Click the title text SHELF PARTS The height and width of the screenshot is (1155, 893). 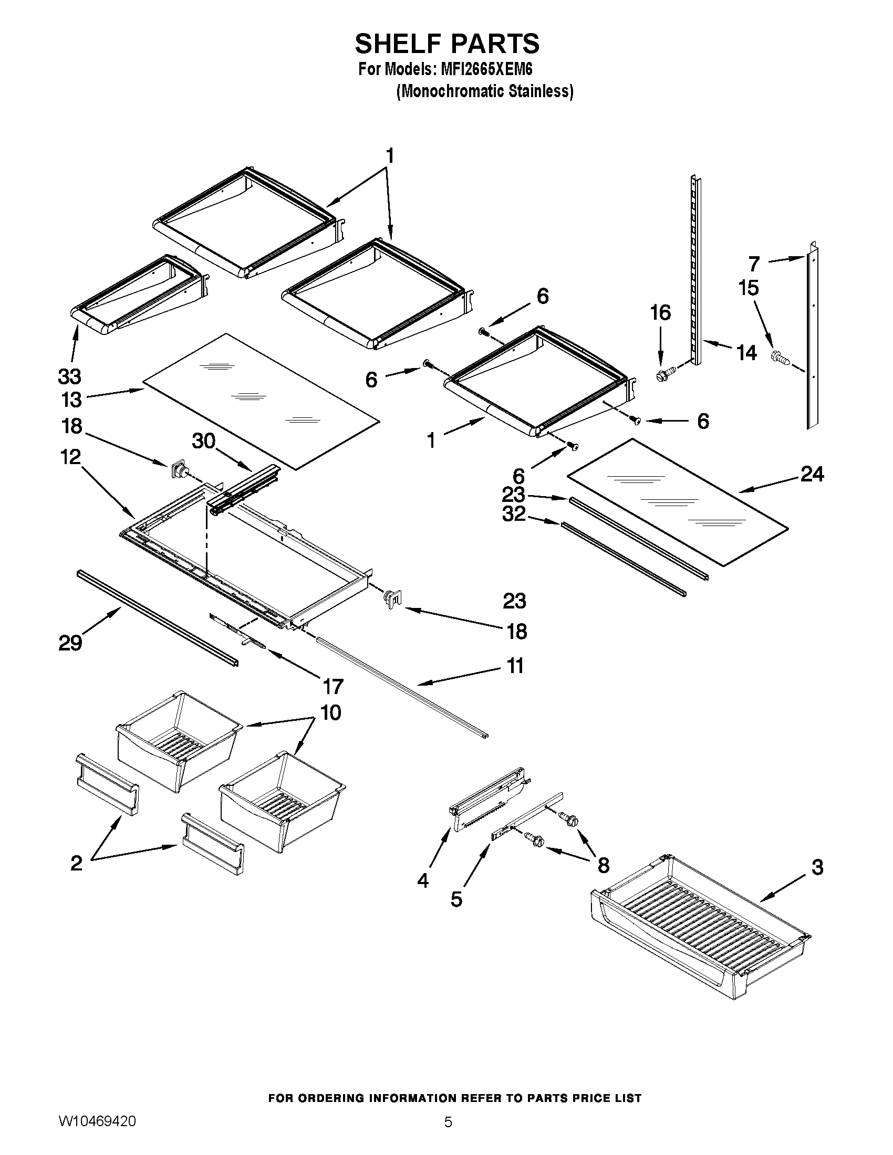(446, 44)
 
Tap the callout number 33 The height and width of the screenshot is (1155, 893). (69, 376)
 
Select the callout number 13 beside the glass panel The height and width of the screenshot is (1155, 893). (71, 400)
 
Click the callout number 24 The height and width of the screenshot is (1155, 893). (812, 475)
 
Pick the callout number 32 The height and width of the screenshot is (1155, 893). (514, 513)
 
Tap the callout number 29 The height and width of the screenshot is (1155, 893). (70, 643)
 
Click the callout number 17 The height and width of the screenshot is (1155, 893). (333, 687)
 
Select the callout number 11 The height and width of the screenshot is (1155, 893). (515, 666)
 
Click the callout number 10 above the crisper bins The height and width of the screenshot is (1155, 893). (330, 713)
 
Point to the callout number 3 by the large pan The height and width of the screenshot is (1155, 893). (817, 867)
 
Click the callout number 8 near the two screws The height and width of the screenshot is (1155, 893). (603, 865)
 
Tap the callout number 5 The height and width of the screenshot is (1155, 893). (456, 899)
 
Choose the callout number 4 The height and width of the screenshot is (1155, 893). (423, 880)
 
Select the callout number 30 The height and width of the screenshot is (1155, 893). (204, 440)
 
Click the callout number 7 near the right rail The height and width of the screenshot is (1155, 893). (754, 263)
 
